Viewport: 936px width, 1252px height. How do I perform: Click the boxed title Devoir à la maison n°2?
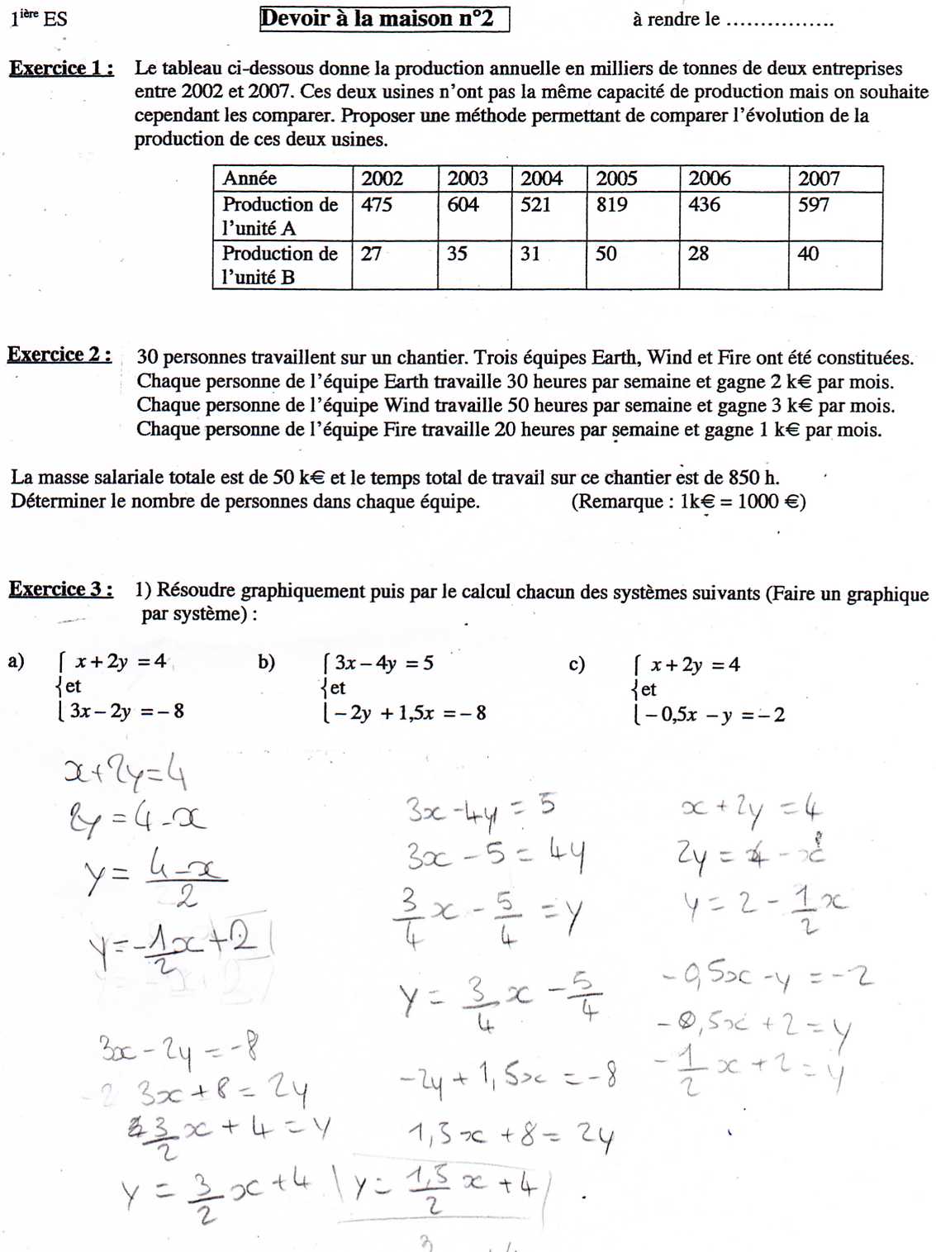click(384, 19)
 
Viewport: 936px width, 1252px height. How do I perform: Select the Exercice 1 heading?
click(61, 69)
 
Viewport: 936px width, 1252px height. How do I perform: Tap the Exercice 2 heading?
click(59, 355)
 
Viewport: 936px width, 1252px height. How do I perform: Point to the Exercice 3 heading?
click(60, 589)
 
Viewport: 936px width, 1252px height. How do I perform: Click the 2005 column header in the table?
click(616, 179)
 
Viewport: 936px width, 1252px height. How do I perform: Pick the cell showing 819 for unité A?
click(612, 204)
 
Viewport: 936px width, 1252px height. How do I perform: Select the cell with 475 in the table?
click(377, 204)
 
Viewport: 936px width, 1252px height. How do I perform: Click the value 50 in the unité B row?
click(606, 254)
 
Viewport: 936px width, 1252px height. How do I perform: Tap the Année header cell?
click(249, 179)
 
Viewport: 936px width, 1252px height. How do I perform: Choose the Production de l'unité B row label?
click(279, 265)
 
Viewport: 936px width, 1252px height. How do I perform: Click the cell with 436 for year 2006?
click(704, 204)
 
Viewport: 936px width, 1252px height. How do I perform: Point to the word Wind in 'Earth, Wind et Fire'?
click(669, 358)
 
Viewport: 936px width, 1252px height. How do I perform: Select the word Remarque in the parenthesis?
click(620, 502)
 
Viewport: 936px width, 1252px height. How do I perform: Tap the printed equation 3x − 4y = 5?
click(384, 663)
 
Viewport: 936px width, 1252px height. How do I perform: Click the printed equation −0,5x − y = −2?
click(714, 715)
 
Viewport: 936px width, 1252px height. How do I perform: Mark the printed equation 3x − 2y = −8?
click(126, 712)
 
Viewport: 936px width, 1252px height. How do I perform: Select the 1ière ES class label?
click(39, 18)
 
